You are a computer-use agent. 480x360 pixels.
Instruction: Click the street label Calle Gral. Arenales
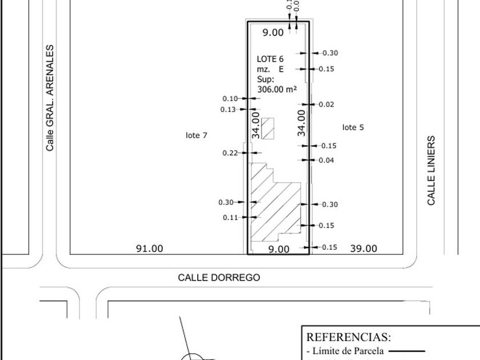[x=50, y=98]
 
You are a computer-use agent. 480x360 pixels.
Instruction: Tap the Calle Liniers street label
[x=432, y=170]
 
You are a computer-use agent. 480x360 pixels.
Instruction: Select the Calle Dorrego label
[x=219, y=278]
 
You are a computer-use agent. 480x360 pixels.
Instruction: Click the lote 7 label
[x=197, y=135]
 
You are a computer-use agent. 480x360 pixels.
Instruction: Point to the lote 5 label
[x=353, y=127]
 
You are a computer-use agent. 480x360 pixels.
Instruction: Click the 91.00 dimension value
[x=149, y=249]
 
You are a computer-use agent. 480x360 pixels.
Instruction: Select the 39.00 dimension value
[x=363, y=249]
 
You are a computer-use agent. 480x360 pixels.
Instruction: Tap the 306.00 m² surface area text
[x=277, y=89]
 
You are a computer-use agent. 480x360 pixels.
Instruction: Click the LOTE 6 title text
[x=270, y=59]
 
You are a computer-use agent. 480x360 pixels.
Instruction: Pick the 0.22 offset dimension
[x=230, y=153]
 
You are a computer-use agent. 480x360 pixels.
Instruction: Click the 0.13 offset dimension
[x=229, y=109]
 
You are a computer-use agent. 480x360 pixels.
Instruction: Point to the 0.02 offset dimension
[x=327, y=105]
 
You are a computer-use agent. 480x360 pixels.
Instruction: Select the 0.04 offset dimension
[x=326, y=161]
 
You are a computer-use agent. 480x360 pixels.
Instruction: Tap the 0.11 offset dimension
[x=230, y=218]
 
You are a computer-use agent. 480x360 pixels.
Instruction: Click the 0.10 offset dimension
[x=230, y=99]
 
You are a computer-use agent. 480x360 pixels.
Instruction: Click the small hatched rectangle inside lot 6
[x=269, y=129]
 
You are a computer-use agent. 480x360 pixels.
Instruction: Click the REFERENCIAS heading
[x=349, y=337]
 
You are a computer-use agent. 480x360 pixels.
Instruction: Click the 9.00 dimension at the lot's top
[x=273, y=33]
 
